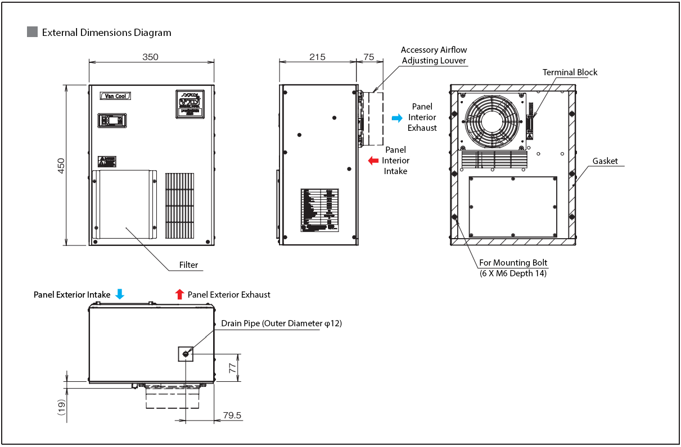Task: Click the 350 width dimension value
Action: (x=150, y=57)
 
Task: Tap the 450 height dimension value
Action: (x=61, y=165)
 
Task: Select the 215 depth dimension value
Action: (x=317, y=57)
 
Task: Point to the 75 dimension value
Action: (x=369, y=57)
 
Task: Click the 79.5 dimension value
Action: (x=232, y=416)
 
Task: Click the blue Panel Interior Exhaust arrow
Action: (x=397, y=118)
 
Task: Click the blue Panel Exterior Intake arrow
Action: (x=119, y=294)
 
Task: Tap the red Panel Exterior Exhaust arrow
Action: (x=179, y=294)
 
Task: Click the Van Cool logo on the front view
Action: (x=115, y=96)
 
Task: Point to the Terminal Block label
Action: (x=570, y=72)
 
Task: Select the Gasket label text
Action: (x=605, y=161)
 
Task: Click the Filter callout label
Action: (x=188, y=264)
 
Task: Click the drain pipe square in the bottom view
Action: (x=186, y=354)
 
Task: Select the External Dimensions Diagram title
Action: (x=106, y=33)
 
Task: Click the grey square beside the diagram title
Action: (x=32, y=32)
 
